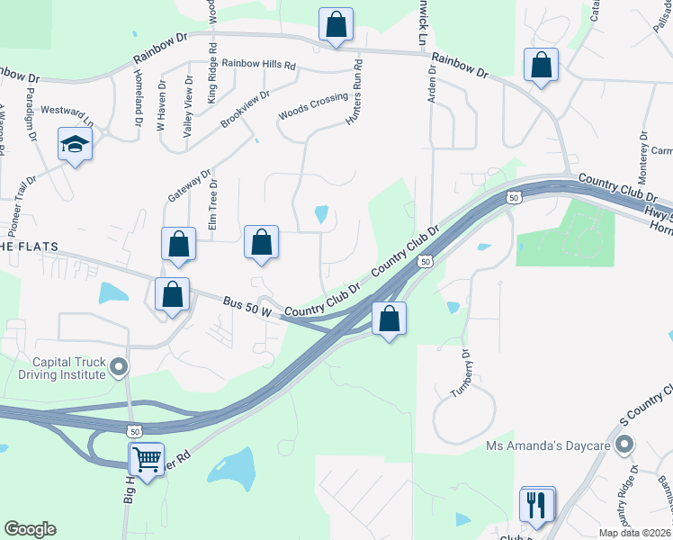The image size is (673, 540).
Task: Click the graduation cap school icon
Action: [x=76, y=144]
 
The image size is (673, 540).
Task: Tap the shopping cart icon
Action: [x=146, y=459]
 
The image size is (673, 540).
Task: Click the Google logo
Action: [x=30, y=529]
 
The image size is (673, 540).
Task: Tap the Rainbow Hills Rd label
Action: [x=259, y=65]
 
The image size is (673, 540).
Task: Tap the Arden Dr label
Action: [x=433, y=90]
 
